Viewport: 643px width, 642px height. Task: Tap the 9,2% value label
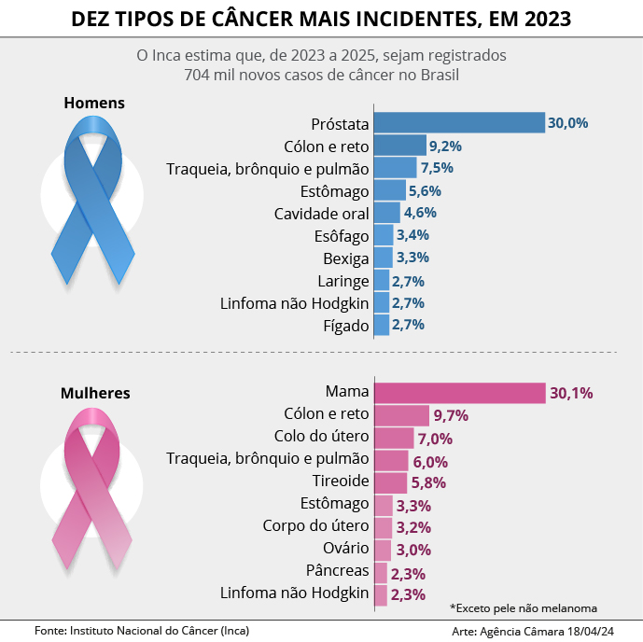point(445,147)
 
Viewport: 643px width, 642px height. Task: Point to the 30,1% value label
point(571,393)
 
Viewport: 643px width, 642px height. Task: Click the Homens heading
point(94,103)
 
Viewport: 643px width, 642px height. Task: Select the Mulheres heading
point(96,393)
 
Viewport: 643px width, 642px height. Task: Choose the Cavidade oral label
point(322,214)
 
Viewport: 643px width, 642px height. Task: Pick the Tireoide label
point(342,481)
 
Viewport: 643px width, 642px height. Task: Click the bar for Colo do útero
point(394,438)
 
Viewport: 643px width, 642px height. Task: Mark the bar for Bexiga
point(384,258)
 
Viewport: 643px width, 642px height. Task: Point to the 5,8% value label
point(428,482)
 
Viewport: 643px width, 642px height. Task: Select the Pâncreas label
point(338,570)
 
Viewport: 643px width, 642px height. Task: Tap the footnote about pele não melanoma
point(523,606)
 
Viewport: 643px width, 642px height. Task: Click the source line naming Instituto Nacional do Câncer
point(141,631)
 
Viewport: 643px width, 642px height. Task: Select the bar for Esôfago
point(384,235)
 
